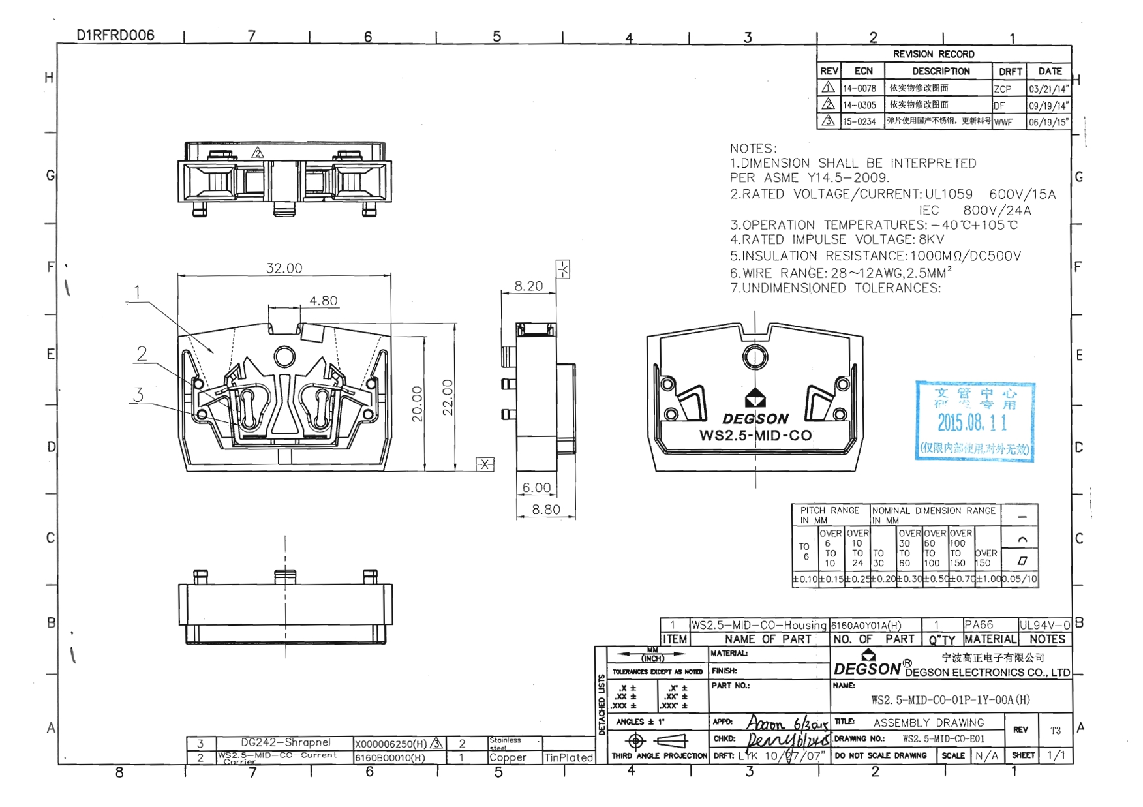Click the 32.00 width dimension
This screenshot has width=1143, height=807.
284,268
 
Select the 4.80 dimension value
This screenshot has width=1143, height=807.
323,301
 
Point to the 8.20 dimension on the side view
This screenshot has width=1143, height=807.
528,286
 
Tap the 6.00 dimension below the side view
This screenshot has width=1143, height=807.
536,487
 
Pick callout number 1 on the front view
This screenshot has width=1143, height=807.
137,292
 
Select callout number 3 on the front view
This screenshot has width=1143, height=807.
138,394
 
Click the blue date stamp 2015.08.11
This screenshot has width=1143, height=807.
972,423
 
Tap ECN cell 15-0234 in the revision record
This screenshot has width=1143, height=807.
859,121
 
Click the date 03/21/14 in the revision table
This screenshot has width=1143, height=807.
1048,89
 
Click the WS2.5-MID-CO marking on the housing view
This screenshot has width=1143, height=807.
755,435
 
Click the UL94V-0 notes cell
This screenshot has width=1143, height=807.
1044,624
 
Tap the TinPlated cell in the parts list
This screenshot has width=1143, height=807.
568,757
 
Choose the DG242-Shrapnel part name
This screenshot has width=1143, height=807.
286,742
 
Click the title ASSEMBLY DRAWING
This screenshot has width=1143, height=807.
928,723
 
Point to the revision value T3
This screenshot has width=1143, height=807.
1055,731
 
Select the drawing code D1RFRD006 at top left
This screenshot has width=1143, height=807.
115,35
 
